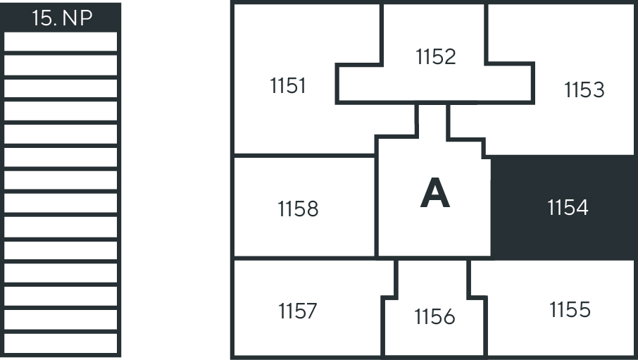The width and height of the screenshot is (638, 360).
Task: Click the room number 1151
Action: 288,86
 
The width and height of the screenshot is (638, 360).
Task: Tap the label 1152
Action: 436,56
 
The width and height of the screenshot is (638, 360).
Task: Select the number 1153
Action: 584,90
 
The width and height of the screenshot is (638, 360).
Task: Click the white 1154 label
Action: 568,208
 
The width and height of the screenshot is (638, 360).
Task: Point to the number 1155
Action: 570,309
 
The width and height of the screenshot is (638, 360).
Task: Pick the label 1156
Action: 434,318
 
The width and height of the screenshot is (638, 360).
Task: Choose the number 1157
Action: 297,311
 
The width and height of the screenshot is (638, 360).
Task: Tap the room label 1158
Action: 298,209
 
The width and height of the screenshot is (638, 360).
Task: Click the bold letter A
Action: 434,194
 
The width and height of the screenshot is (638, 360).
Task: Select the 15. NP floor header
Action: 61,18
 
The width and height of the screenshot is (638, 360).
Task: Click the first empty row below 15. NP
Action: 61,42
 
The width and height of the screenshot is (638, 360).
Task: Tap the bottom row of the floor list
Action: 61,343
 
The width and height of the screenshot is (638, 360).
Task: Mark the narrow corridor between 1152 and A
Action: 432,120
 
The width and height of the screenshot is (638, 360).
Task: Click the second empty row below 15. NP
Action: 61,65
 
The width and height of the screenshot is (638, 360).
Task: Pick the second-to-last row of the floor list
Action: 61,320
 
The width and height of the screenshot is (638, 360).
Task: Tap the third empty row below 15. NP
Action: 61,88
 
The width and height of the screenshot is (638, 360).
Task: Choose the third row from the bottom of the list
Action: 61,297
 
